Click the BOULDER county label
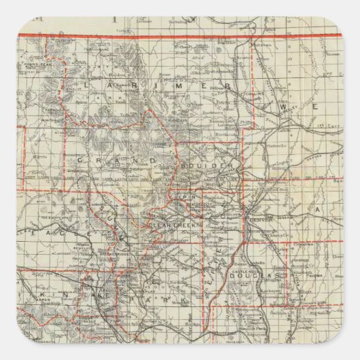(x=217, y=166)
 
